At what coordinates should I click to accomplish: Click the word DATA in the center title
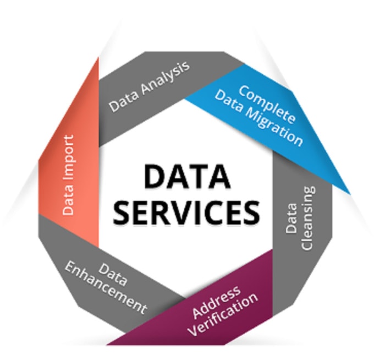click(187, 177)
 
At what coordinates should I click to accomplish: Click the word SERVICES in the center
click(186, 212)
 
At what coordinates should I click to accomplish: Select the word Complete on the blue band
click(267, 105)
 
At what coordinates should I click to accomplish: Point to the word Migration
click(274, 126)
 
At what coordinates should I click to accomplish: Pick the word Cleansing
click(309, 218)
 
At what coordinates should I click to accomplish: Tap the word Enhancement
click(106, 287)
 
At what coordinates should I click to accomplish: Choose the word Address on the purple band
click(216, 302)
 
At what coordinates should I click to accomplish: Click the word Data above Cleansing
click(291, 218)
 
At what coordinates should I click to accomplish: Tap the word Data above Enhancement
click(112, 275)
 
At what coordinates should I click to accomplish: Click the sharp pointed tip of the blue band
click(350, 194)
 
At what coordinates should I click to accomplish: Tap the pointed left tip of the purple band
click(107, 345)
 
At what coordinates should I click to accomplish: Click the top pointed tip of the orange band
click(98, 57)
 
